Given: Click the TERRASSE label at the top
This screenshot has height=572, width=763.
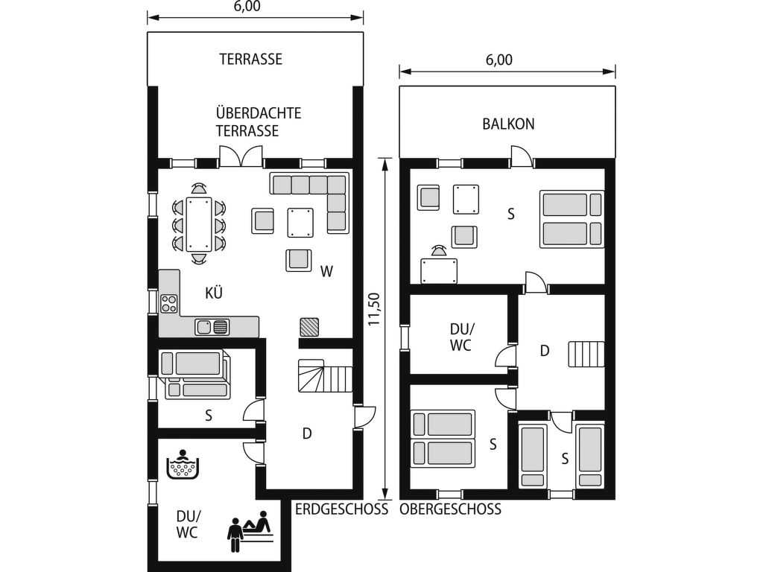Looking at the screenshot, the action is coord(250,60).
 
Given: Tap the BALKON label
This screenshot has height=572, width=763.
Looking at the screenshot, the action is coord(508,124).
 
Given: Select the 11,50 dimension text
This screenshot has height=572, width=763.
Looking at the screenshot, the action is coord(374,308).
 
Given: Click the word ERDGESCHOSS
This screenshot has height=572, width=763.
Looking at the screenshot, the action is coord(342,509).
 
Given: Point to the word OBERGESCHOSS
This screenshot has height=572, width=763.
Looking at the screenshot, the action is coord(451,509).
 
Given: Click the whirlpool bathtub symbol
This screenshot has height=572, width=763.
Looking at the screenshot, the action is coord(183,465).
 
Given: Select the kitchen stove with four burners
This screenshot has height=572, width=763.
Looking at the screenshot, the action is coord(169,304).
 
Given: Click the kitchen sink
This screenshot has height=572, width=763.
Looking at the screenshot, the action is coord(212,327).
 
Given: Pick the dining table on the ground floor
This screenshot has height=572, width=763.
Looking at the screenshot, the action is coord(198,223).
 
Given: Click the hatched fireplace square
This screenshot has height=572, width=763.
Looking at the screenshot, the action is coord(309,327).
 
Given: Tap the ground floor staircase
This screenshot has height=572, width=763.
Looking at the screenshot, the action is coord(325,375).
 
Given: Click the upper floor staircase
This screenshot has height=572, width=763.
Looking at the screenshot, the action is coord(586,354).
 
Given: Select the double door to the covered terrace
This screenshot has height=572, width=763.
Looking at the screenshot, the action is coord(241,156).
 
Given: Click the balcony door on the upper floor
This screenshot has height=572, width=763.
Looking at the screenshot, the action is coord(522,156).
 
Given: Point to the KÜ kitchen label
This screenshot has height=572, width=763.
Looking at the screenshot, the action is coord(214,293).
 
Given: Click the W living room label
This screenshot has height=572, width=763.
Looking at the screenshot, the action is coord(326,271).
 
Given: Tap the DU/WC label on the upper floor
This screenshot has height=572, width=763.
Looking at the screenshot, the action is coord(460,337).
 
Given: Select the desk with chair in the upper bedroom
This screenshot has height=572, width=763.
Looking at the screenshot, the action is coord(439,265).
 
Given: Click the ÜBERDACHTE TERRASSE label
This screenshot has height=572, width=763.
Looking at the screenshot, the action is coord(259,122).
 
